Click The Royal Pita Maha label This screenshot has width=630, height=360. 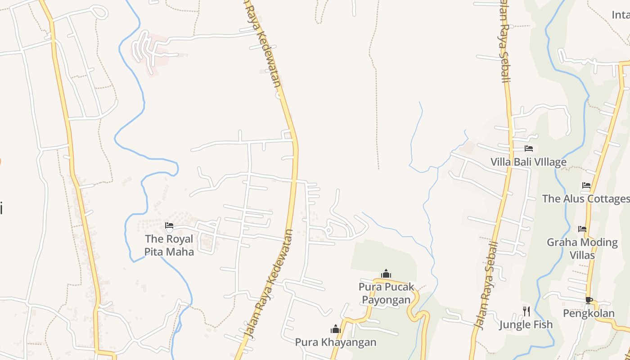tap(169, 245)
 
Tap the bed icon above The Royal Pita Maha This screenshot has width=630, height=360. tap(169, 225)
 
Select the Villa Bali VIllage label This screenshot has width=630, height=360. tap(528, 162)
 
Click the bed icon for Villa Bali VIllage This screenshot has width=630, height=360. tap(529, 148)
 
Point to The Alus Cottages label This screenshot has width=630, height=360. tap(585, 198)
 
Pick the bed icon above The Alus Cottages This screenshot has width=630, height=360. tap(586, 185)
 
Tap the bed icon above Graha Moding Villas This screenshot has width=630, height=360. tap(582, 229)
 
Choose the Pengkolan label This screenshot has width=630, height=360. tap(589, 313)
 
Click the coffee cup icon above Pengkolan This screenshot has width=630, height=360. tap(589, 300)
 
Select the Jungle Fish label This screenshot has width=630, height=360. tap(526, 324)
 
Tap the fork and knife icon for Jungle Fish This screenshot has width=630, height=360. tap(526, 310)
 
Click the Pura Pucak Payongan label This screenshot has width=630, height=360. tap(386, 293)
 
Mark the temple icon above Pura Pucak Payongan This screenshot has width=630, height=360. tap(386, 274)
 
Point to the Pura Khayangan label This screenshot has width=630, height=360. tap(335, 342)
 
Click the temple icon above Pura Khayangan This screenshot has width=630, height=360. tap(336, 329)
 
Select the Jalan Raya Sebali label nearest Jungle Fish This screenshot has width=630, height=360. tap(487, 286)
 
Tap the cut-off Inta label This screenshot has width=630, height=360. tap(621, 15)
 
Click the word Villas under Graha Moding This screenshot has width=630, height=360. tap(582, 255)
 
